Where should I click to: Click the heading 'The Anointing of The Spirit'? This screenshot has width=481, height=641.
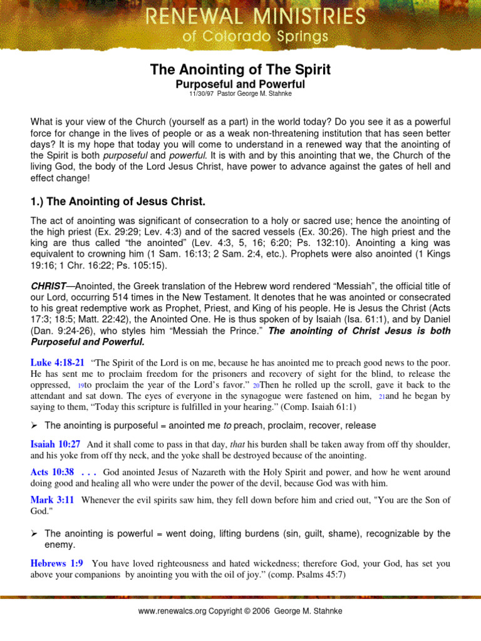[x=240, y=69]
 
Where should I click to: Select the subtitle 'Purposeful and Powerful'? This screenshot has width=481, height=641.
[x=240, y=84]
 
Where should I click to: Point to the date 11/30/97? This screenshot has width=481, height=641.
[x=202, y=93]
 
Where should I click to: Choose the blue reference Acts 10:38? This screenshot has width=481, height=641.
[x=53, y=472]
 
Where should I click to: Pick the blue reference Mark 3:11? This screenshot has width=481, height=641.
[x=53, y=500]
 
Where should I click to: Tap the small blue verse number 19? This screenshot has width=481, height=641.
[x=81, y=386]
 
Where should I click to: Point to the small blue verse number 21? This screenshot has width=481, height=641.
[x=383, y=397]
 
